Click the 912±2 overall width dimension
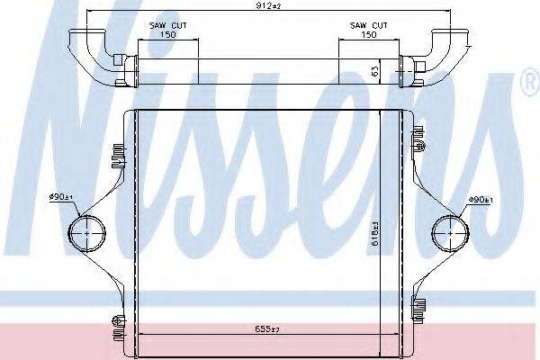pos(267,6)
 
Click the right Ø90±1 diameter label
pos(480,200)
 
